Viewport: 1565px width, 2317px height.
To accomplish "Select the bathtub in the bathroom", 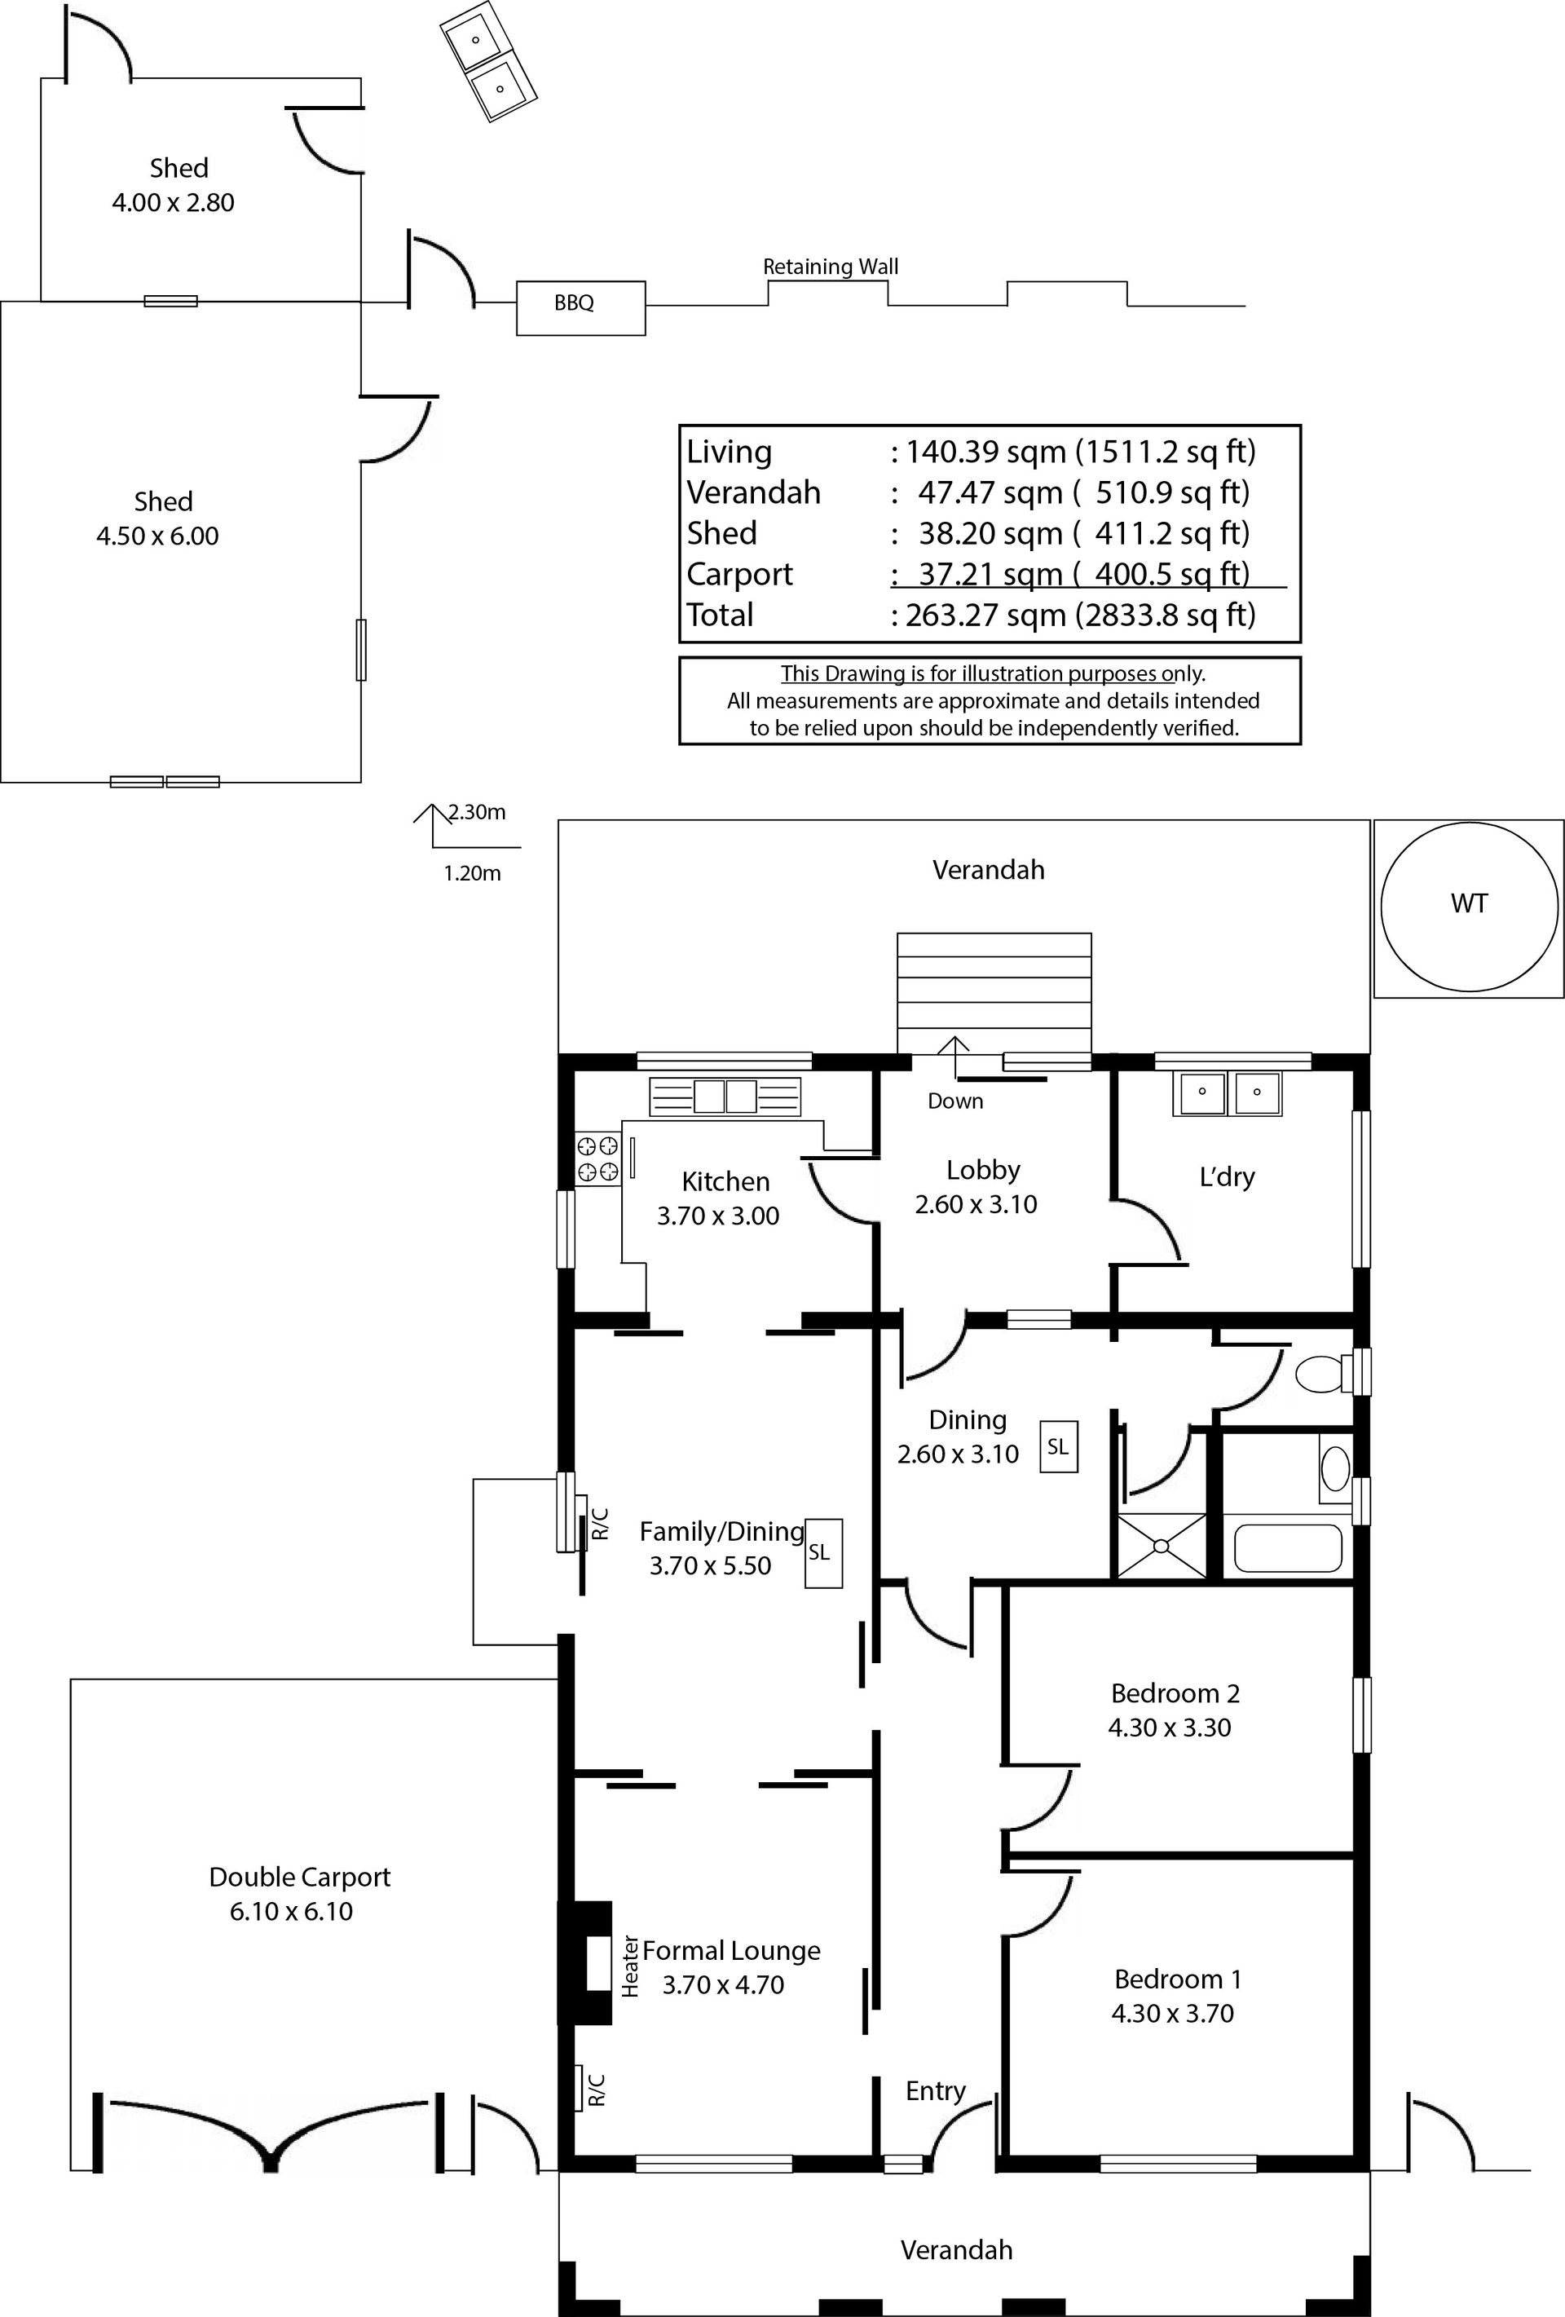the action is (x=1288, y=1548).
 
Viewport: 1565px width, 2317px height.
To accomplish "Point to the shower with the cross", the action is (x=1162, y=1547).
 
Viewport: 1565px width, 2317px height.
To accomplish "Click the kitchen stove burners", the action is (x=598, y=1158).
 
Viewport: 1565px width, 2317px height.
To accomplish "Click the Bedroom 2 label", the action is (x=1175, y=1693).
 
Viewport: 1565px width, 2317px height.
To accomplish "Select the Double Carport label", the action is (x=299, y=1878).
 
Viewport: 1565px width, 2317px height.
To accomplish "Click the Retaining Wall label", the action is (x=831, y=267).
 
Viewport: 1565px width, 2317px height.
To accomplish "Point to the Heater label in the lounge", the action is (x=630, y=1966).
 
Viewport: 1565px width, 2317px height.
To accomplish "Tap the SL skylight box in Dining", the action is (x=1058, y=1446).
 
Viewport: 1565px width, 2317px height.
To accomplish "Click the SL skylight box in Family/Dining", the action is (x=823, y=1552).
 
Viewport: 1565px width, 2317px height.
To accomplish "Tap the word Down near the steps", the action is (x=955, y=1101).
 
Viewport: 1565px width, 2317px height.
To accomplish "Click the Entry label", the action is (x=935, y=2090).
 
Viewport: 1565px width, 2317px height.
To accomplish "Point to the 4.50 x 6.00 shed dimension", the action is (x=157, y=536).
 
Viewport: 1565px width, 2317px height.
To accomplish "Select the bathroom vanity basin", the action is (x=1335, y=1467).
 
